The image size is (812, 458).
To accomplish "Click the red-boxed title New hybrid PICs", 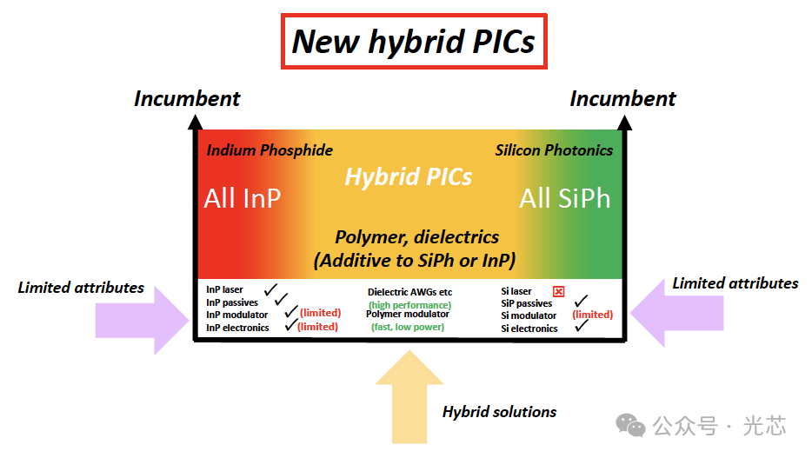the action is [414, 42].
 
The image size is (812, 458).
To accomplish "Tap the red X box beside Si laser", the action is [558, 291].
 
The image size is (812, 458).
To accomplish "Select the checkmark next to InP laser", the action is [270, 289].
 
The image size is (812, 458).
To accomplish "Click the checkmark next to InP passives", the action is [281, 299].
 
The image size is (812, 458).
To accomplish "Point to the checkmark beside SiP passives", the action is [581, 301].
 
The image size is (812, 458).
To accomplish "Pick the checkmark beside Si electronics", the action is [582, 325].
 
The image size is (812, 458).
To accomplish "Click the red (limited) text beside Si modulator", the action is [592, 315].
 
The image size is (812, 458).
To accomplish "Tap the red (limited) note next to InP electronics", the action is [317, 327].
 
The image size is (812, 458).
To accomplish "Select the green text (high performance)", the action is [409, 305].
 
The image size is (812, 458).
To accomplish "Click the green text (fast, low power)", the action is [408, 327].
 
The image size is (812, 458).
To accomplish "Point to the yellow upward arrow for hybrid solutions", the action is [409, 396].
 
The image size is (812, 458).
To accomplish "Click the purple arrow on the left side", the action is [143, 321].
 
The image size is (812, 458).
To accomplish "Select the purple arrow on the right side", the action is [677, 313].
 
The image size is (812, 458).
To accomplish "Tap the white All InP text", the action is [243, 199].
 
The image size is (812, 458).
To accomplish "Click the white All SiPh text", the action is [565, 199].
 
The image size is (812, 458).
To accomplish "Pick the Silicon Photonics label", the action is [554, 150].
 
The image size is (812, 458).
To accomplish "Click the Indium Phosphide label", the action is [270, 150].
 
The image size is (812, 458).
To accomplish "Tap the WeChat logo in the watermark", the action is [630, 425].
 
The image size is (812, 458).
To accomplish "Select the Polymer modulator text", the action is [408, 314].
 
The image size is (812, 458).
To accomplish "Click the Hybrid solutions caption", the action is [499, 412].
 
